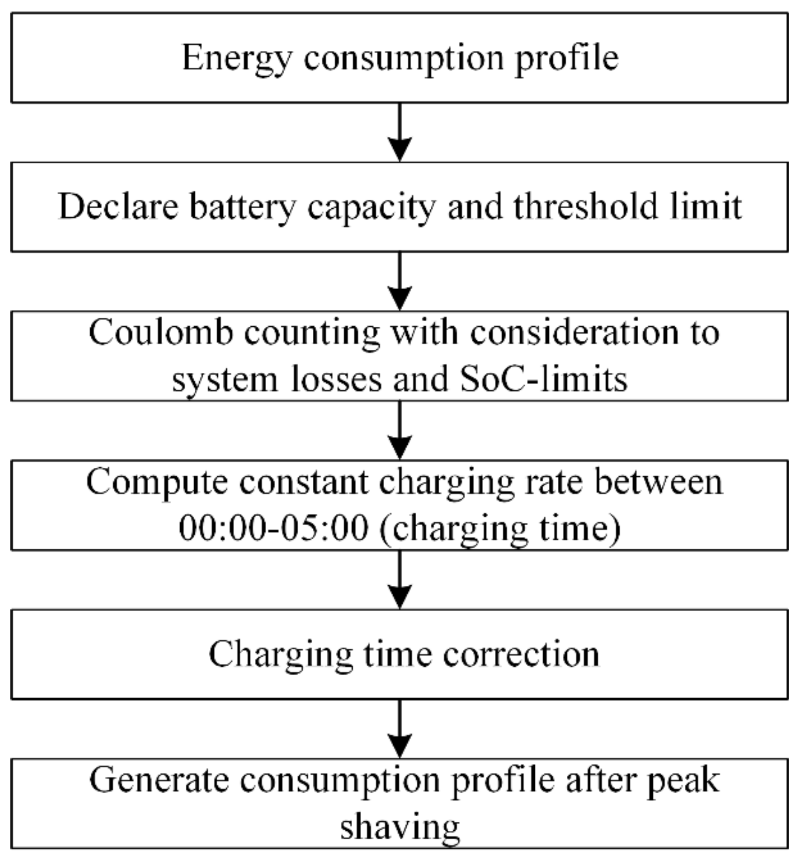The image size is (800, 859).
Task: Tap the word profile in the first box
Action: coord(567,59)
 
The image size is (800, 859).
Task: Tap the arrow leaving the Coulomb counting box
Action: coord(400,431)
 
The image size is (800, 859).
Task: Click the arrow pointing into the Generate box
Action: coord(400,729)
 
